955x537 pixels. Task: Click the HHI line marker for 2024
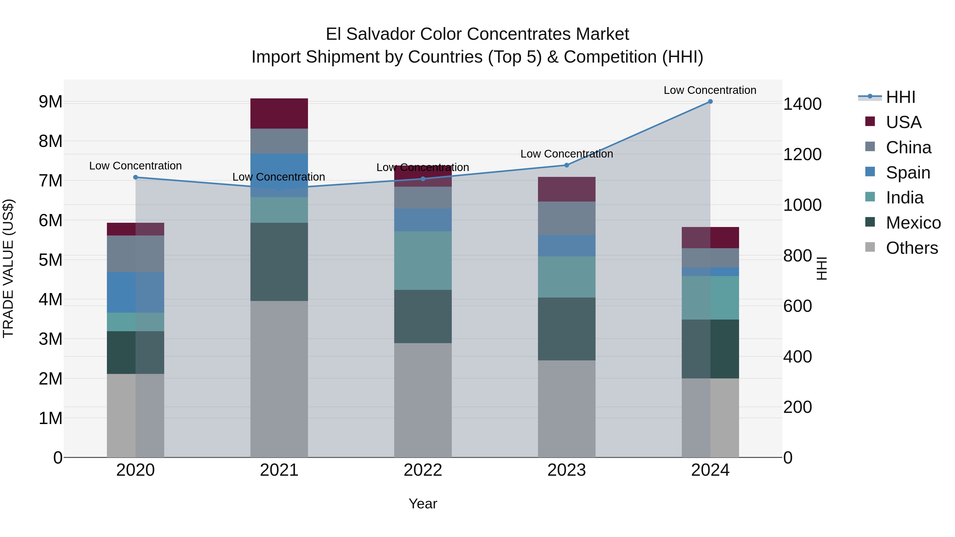(710, 102)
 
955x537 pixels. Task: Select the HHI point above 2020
(135, 177)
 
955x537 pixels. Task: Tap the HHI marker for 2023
(566, 165)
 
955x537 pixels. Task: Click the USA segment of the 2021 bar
(279, 113)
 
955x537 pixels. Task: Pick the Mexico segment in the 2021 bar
(279, 262)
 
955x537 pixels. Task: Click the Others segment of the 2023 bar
(566, 408)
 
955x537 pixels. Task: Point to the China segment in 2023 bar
(566, 218)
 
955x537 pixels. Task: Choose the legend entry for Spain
(908, 173)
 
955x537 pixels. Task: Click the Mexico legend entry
(913, 223)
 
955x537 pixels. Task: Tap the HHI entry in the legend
(900, 97)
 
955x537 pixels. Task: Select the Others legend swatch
(870, 247)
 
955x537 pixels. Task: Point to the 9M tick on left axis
(50, 102)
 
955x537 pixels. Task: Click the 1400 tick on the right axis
(802, 104)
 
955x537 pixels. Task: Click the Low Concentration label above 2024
(710, 90)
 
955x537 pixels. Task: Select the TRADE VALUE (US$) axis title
(8, 268)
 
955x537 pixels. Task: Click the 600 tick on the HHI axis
(797, 306)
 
